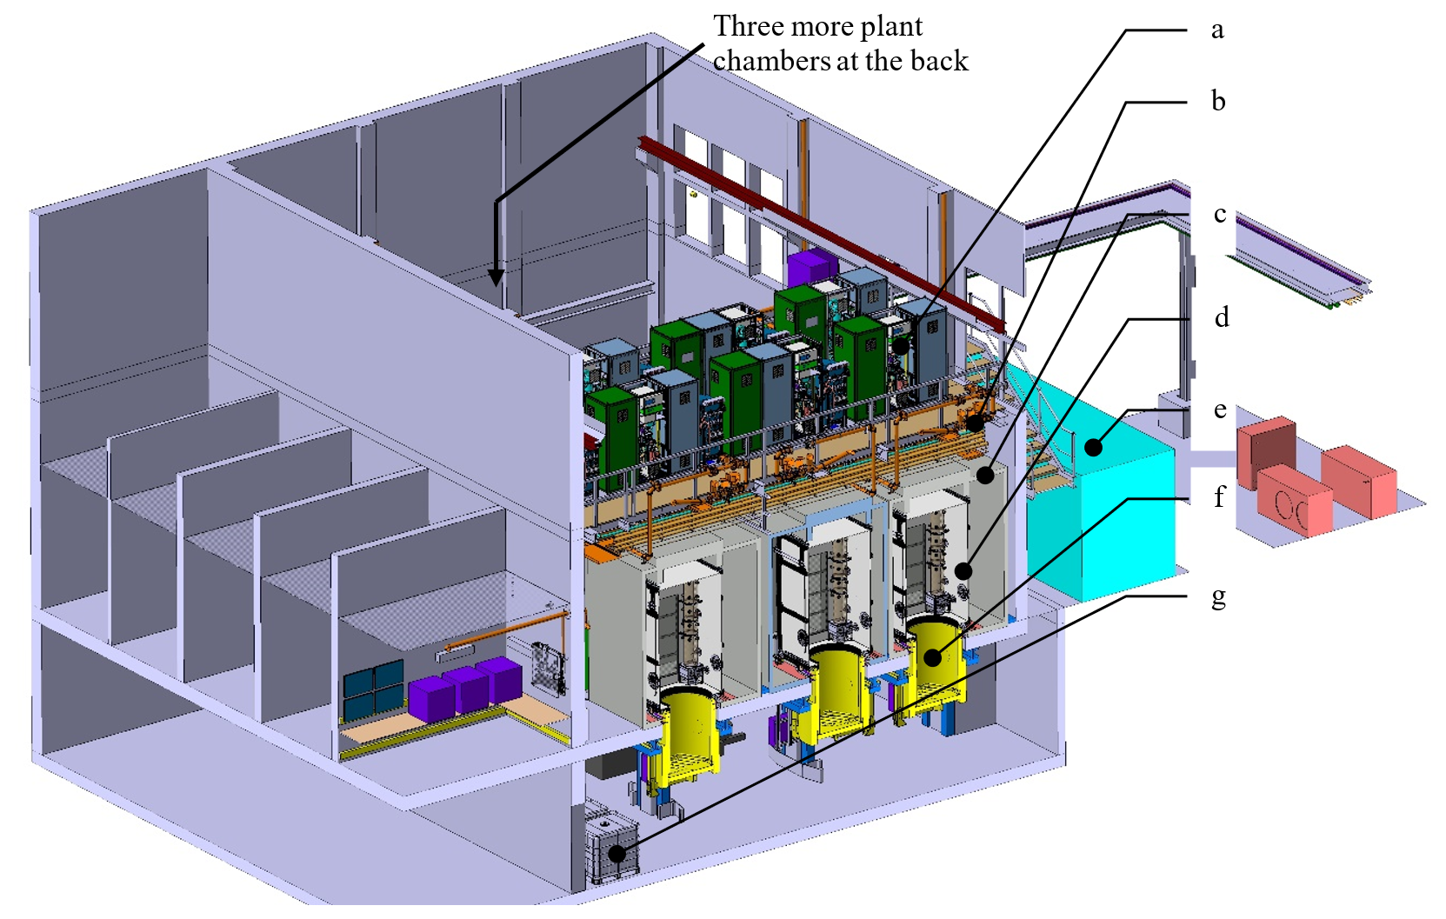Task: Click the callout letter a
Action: coord(1217,30)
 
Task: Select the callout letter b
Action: coord(1218,101)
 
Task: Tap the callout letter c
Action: coord(1219,214)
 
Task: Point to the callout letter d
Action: coord(1222,316)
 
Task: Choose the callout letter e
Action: coord(1220,410)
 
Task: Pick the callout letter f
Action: coord(1219,496)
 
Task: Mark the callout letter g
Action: coord(1219,597)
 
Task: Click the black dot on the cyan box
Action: coord(1093,447)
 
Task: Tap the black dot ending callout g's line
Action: coord(617,853)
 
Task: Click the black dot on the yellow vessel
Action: coord(932,657)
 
